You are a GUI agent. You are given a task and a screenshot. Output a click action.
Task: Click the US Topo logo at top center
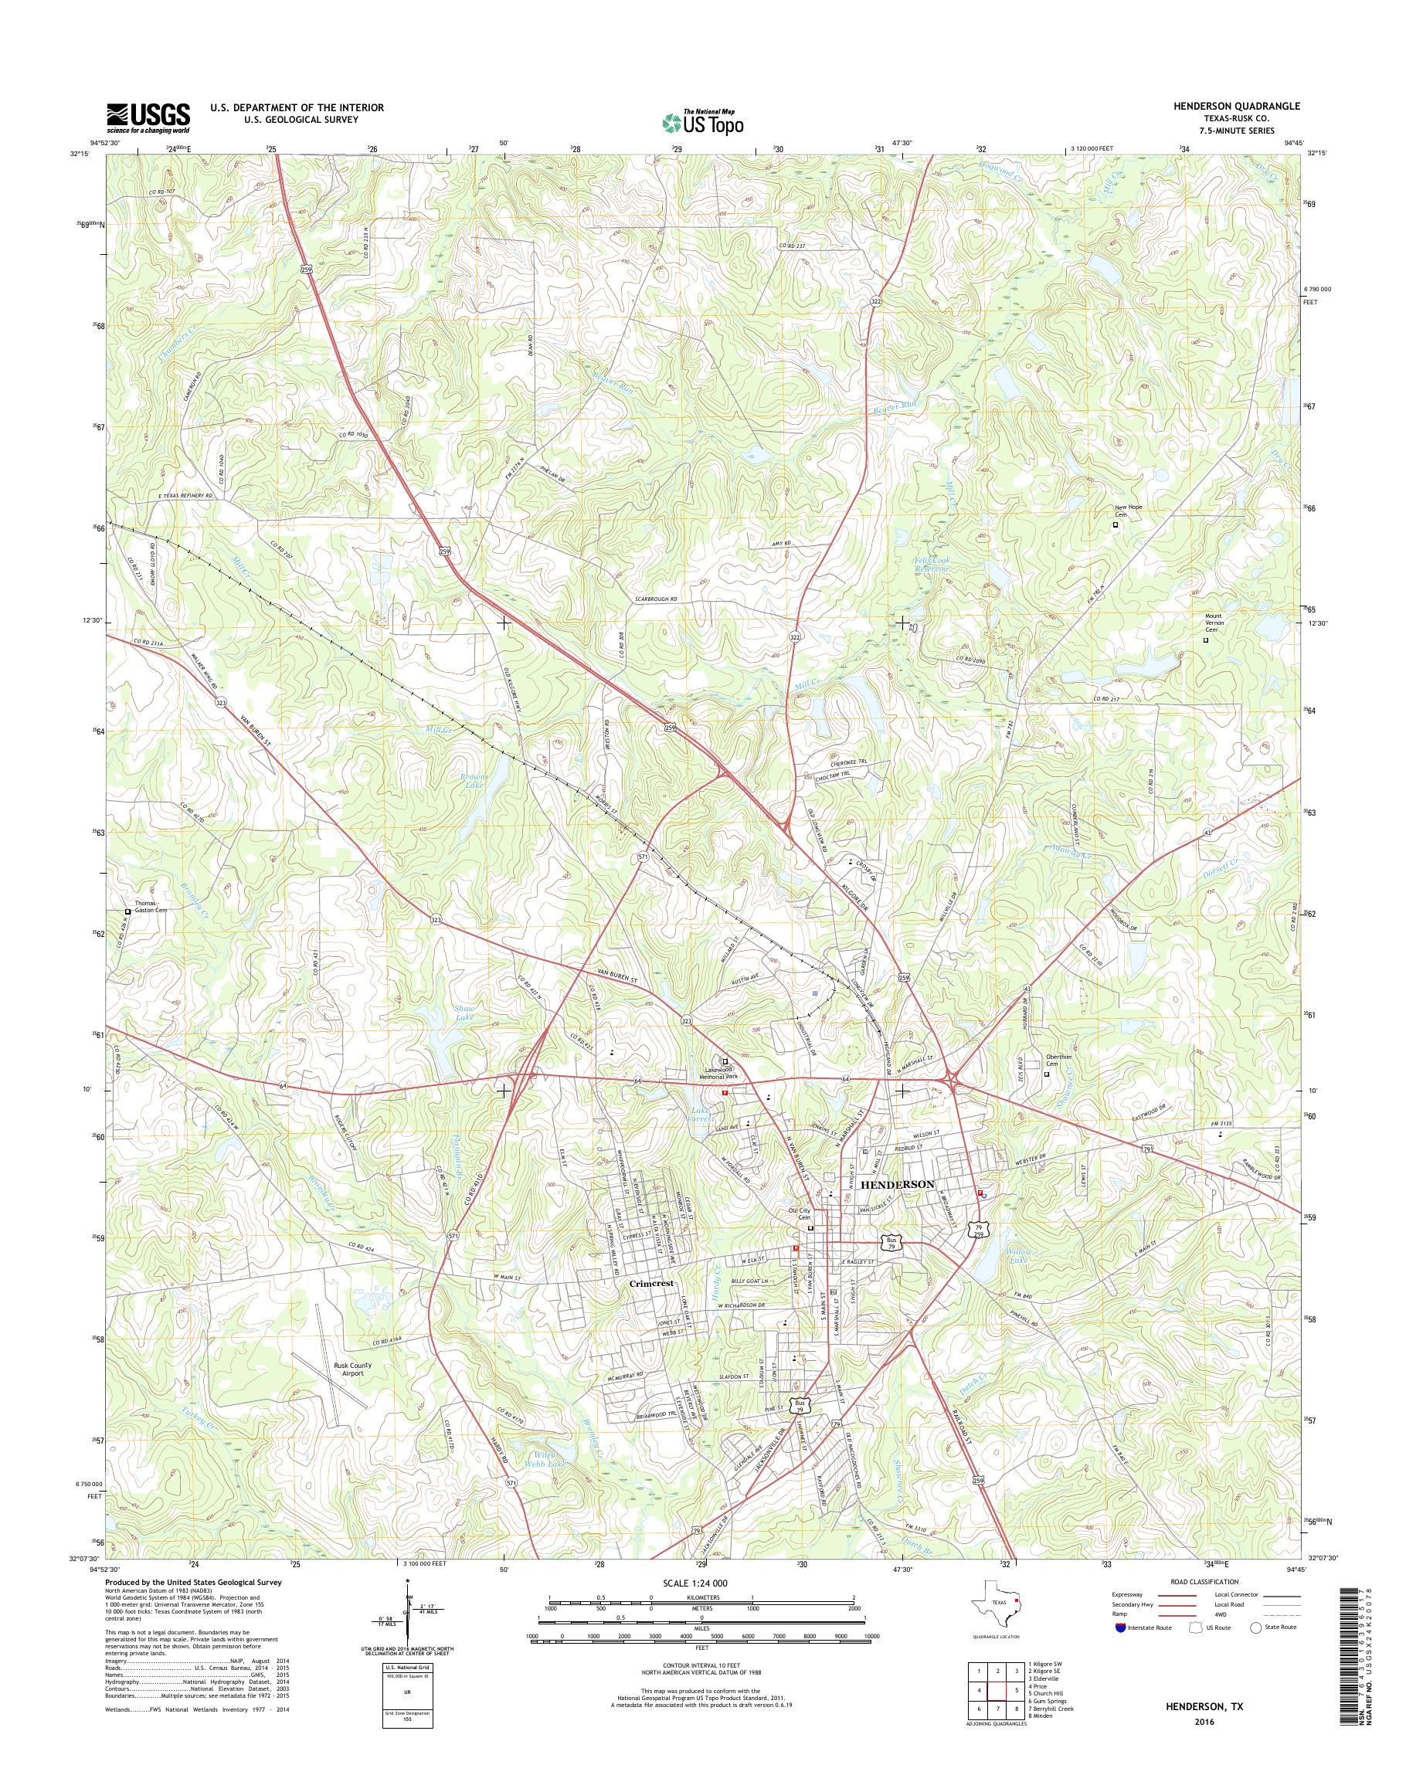click(703, 122)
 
